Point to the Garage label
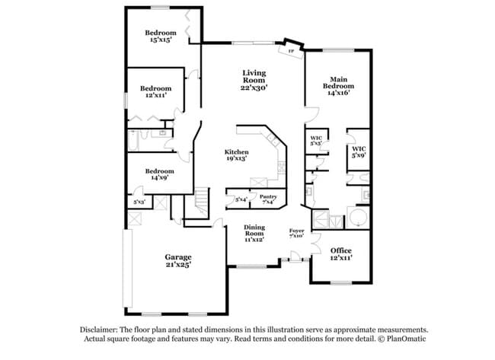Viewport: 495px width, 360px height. pos(178,256)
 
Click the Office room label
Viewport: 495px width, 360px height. pos(341,250)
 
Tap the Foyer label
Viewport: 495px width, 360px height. pos(297,230)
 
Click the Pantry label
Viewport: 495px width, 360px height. pos(269,196)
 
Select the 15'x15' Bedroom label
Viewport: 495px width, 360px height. pos(161,33)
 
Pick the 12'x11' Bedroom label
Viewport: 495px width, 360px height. pos(155,88)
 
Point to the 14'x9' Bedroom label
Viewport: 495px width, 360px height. pos(160,171)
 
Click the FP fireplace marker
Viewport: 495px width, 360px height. pos(292,52)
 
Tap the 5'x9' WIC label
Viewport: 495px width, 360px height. pos(359,149)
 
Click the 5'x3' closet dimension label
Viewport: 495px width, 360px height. pos(139,202)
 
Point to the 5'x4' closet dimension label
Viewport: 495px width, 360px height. pos(241,199)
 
